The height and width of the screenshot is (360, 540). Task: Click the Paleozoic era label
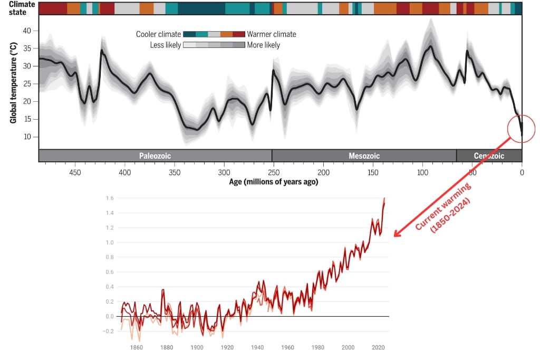tap(155, 156)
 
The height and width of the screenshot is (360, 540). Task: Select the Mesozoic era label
tap(364, 156)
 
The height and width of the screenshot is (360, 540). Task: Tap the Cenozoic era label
tap(488, 156)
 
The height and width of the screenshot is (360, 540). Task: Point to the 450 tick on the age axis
tap(75, 172)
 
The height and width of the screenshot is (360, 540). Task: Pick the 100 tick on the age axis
tap(422, 172)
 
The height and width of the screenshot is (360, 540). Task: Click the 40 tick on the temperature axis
tap(27, 31)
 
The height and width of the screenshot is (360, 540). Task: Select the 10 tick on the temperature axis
tap(27, 137)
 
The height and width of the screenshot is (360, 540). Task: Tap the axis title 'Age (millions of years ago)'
tap(273, 182)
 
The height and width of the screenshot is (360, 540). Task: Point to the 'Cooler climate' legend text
tap(158, 34)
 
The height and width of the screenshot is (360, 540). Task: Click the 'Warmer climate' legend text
tap(272, 34)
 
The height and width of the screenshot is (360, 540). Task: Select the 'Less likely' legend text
tap(166, 45)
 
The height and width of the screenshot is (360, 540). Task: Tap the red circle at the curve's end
tap(522, 128)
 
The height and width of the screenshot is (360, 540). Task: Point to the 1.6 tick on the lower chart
tap(109, 198)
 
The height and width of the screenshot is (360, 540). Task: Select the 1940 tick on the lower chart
tap(258, 348)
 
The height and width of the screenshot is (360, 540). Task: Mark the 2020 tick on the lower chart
tap(378, 348)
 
